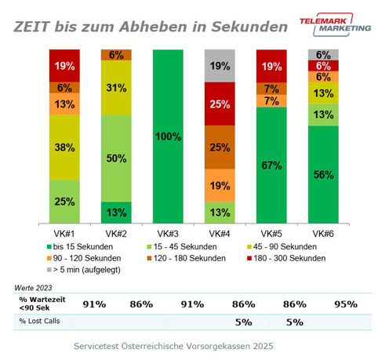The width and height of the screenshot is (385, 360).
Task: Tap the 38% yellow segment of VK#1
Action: pos(65,146)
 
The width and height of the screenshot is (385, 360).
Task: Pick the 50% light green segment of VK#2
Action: pos(117,158)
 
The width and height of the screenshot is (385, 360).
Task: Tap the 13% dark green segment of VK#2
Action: pos(117,212)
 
